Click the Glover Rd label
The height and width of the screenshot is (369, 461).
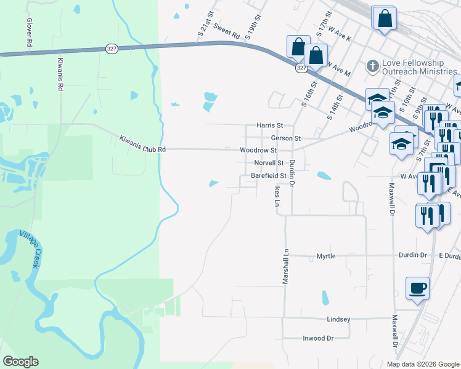(29, 33)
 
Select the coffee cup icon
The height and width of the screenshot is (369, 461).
(417, 288)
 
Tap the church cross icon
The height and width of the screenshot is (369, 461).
(372, 65)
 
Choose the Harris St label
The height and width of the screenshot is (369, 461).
(270, 125)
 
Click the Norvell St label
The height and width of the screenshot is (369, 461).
(268, 164)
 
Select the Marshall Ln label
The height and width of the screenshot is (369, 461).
(285, 266)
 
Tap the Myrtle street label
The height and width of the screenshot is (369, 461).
(325, 256)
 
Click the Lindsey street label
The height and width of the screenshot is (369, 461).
(338, 319)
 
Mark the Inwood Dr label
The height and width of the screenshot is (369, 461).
(318, 338)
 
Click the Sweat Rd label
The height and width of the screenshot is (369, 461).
(226, 31)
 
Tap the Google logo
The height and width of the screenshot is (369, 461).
(20, 362)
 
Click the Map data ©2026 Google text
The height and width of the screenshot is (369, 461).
(422, 364)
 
